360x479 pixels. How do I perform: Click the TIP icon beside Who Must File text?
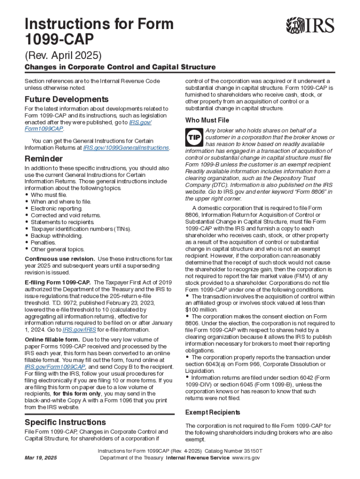click(x=194, y=138)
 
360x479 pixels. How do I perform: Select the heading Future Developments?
click(x=66, y=100)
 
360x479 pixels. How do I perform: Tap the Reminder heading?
click(x=43, y=159)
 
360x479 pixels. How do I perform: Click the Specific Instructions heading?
click(x=65, y=422)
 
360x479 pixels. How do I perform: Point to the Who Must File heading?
click(x=207, y=120)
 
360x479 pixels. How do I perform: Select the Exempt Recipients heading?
click(x=213, y=413)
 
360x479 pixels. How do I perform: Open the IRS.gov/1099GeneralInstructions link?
click(x=126, y=148)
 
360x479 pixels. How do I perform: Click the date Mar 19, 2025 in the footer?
click(x=41, y=457)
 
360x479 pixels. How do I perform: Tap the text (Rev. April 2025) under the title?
click(x=63, y=56)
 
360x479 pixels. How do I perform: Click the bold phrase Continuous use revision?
click(x=60, y=259)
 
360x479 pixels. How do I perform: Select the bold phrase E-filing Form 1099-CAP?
click(x=58, y=283)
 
